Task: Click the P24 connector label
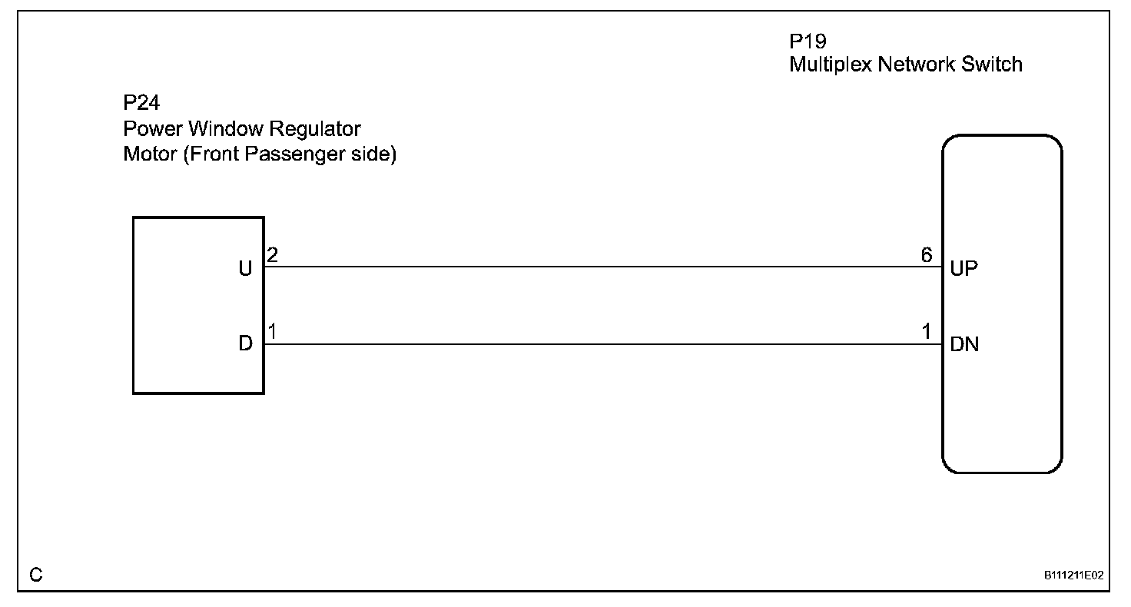[141, 104]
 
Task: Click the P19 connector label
[808, 41]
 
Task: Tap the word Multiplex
[831, 65]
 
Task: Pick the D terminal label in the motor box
[246, 344]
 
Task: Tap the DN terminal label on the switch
[964, 345]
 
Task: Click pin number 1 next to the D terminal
[272, 332]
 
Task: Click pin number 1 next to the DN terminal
[927, 332]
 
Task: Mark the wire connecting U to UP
[599, 267]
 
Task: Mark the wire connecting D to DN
[599, 344]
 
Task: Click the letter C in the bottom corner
[36, 575]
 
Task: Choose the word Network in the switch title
[917, 65]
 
